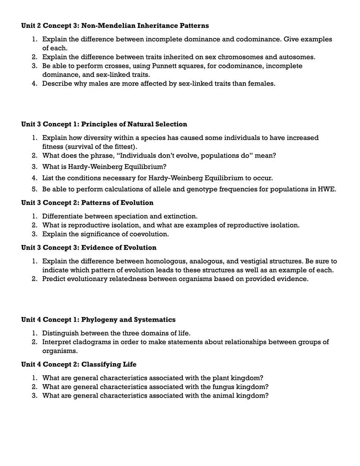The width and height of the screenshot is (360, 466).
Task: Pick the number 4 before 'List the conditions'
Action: (x=34, y=178)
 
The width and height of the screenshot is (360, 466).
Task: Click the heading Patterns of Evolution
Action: (x=117, y=203)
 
